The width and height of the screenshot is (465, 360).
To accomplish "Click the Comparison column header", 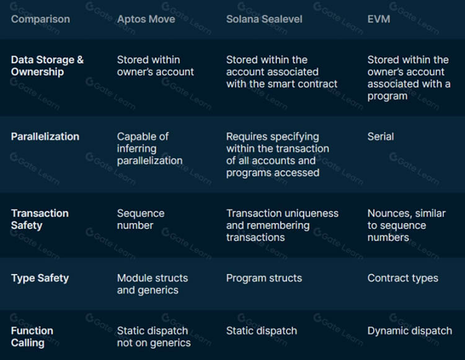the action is coord(40,19).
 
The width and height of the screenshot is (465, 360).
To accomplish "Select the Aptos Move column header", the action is coord(146,19).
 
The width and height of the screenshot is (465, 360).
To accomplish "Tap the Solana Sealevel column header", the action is coord(264,19).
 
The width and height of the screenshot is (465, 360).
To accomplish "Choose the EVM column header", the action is coord(379,19).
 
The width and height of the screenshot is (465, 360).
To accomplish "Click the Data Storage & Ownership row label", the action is coord(47,66).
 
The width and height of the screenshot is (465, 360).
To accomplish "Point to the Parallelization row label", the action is coord(45,136).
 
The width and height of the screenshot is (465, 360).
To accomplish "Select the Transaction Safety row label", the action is coord(40,219).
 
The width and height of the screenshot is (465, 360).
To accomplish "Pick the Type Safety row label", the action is coord(40,278).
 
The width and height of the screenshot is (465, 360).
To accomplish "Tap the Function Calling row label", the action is coord(32,336).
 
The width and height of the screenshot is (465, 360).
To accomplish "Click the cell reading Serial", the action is coord(381,136).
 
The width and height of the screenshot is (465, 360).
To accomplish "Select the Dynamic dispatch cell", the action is coord(410,331).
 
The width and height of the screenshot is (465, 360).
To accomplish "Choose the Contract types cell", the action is coord(403,278).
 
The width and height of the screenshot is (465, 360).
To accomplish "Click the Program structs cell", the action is coord(264,278).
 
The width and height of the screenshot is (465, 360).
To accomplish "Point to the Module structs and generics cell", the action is coord(153,284).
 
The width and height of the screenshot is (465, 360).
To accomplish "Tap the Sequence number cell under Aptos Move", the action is coord(141,219).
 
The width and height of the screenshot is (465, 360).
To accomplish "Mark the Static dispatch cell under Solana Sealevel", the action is coord(262,331).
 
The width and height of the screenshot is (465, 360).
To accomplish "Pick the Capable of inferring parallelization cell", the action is coord(150,149).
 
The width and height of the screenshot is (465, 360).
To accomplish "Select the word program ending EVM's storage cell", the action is coord(387,96).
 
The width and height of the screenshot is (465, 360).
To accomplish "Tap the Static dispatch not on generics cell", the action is coord(154,336).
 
